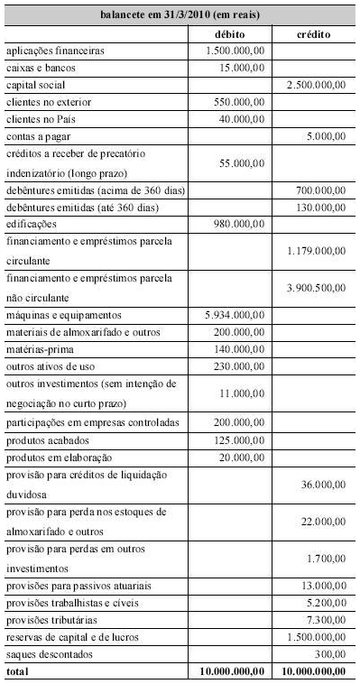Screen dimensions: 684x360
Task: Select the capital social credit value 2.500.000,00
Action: coord(315,85)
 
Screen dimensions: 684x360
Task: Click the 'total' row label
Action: coord(16,671)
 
